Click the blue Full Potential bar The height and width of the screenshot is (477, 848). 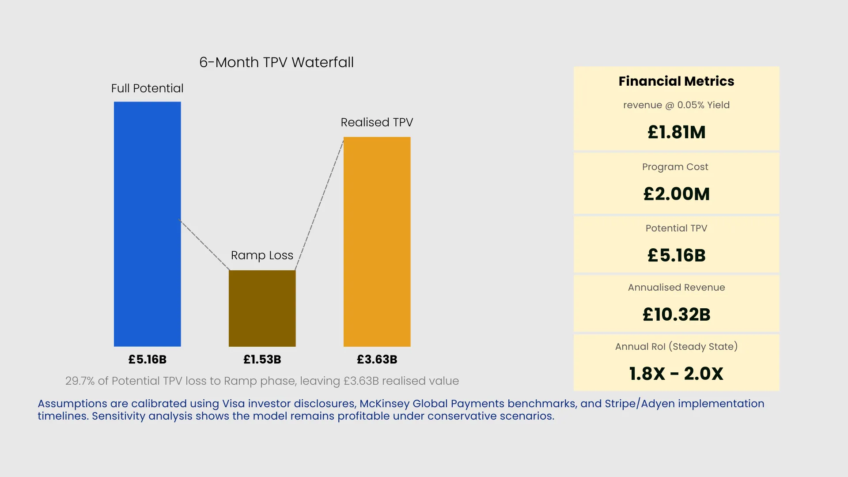click(x=147, y=224)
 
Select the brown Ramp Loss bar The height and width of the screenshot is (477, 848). click(x=262, y=308)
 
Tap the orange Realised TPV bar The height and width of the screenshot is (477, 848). click(x=377, y=242)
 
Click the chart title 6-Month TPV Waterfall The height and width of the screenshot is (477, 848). click(x=276, y=62)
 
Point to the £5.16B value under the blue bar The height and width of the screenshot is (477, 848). click(x=147, y=360)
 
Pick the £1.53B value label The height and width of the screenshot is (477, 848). click(x=262, y=360)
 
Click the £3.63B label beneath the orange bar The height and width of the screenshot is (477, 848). click(x=377, y=360)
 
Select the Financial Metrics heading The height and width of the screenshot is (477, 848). click(x=676, y=81)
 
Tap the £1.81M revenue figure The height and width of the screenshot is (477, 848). click(x=676, y=132)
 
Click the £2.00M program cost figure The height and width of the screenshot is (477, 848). click(x=676, y=194)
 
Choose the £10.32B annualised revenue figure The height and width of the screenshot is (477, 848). click(x=676, y=314)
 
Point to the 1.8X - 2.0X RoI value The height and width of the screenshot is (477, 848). click(x=676, y=374)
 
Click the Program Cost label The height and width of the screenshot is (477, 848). click(x=675, y=167)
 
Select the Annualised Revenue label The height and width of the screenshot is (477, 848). click(x=676, y=288)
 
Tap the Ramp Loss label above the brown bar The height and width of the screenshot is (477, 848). click(x=262, y=255)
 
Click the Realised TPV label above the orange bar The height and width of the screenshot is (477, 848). click(x=377, y=122)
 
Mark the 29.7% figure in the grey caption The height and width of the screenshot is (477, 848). click(x=79, y=381)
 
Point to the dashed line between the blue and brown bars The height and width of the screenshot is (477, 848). click(x=204, y=245)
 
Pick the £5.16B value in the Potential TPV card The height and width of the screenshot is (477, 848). click(x=676, y=255)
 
